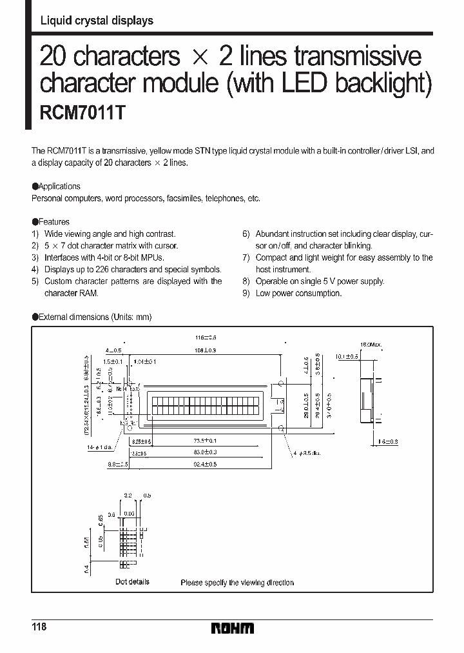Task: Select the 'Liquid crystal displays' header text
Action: pyautogui.click(x=97, y=21)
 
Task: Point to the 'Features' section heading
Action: pyautogui.click(x=54, y=222)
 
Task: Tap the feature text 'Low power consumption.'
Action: pyautogui.click(x=298, y=293)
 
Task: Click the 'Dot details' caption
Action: pyautogui.click(x=132, y=581)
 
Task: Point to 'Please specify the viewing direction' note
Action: pyautogui.click(x=237, y=582)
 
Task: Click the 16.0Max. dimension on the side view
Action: pyautogui.click(x=371, y=345)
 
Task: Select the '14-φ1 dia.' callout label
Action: pyautogui.click(x=99, y=446)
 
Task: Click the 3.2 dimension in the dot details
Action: pyautogui.click(x=128, y=494)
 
